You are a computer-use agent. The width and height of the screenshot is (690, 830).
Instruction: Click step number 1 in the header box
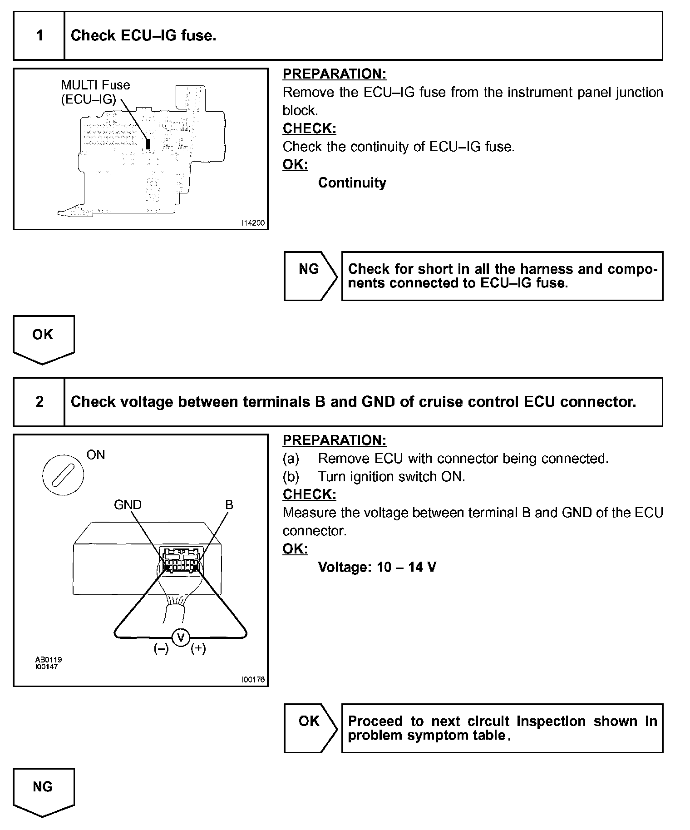[x=39, y=35]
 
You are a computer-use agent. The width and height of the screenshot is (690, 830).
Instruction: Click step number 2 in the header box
[x=39, y=402]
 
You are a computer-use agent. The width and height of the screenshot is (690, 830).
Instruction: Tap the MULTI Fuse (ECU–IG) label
[x=95, y=92]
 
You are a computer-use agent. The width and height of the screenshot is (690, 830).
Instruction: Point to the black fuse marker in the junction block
[x=148, y=144]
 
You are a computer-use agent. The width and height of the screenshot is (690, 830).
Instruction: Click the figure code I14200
[x=253, y=223]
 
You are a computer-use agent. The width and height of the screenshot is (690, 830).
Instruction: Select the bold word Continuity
[x=352, y=183]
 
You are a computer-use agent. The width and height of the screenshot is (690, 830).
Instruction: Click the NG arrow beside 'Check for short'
[x=310, y=275]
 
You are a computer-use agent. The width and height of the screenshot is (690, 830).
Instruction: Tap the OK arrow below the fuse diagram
[x=43, y=338]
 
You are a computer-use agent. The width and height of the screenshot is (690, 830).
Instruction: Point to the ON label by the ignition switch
[x=96, y=455]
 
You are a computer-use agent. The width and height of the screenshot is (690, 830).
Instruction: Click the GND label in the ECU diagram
[x=128, y=504]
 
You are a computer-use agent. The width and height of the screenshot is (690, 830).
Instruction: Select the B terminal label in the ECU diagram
[x=229, y=504]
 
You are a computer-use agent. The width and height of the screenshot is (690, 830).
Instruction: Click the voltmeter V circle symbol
[x=181, y=638]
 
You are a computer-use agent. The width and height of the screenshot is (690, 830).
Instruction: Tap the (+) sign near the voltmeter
[x=198, y=648]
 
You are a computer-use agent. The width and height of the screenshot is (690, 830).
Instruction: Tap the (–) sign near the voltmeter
[x=161, y=649]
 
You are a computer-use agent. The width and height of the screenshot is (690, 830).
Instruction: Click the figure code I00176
[x=253, y=680]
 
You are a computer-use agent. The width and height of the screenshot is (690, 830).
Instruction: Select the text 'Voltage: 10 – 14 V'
[x=377, y=567]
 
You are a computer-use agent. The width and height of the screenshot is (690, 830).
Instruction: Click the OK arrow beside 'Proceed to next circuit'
[x=310, y=728]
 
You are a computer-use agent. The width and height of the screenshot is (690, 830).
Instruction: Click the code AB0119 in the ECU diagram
[x=49, y=659]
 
